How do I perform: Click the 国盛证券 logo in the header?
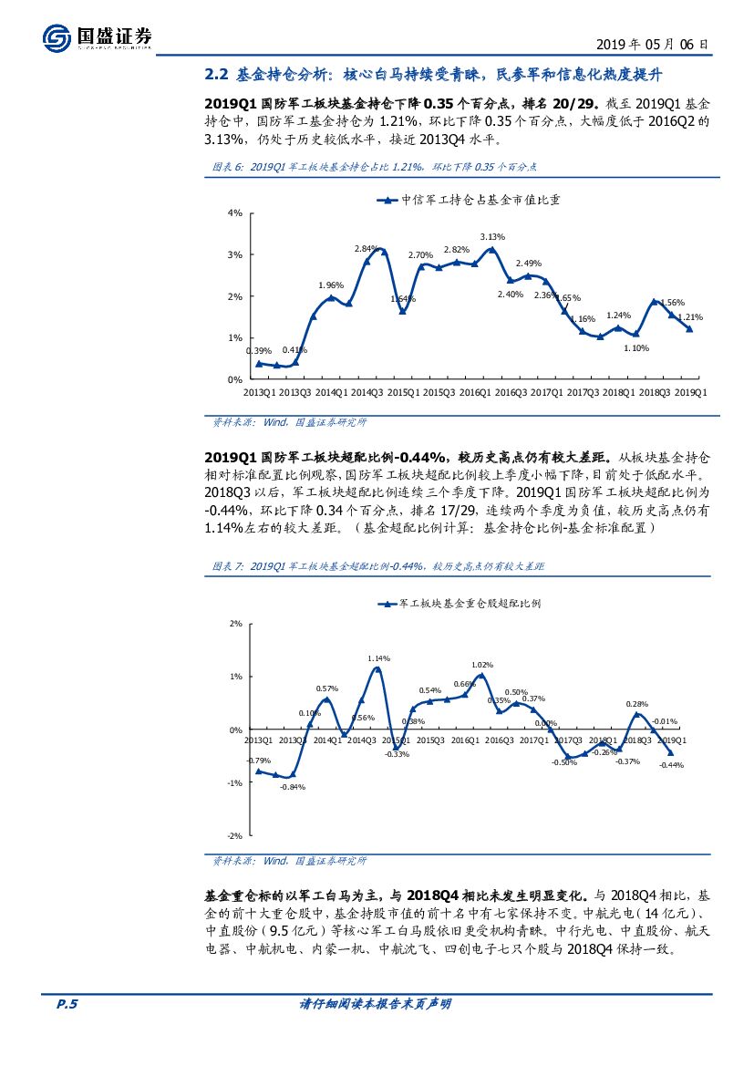pos(97,37)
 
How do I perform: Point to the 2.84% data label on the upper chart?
pos(366,248)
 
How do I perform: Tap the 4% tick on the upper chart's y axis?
pos(235,213)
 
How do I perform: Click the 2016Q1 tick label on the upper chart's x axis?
pos(474,392)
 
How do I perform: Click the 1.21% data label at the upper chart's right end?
pos(690,317)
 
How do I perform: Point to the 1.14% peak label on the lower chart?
pos(378,658)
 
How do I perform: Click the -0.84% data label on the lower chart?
pos(293,787)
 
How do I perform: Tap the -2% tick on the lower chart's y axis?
pos(234,835)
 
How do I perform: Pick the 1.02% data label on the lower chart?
pos(482,665)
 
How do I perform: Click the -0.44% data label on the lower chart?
pos(671,765)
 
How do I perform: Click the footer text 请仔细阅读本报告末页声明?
pos(376,1004)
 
